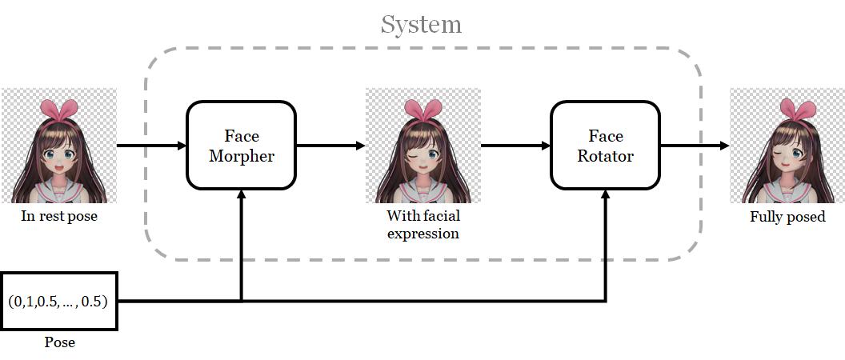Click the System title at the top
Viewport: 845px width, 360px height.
[x=421, y=24]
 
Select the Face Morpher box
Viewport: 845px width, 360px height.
[x=241, y=146]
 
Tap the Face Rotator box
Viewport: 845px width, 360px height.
[x=605, y=146]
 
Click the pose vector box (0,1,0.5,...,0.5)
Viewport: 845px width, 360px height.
[x=59, y=302]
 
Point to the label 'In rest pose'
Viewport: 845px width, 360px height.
[x=58, y=216]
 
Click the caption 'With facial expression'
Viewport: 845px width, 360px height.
[x=423, y=224]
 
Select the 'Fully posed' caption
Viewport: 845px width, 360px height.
[x=787, y=217]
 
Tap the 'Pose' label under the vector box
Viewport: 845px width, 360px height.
[x=59, y=342]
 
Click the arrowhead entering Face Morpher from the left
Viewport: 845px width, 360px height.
[x=181, y=146]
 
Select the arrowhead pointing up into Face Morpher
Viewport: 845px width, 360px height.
[x=241, y=195]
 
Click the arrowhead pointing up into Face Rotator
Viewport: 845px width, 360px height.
[x=605, y=195]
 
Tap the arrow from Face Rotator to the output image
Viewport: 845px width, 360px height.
[x=695, y=146]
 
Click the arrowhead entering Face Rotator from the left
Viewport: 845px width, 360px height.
[x=545, y=146]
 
